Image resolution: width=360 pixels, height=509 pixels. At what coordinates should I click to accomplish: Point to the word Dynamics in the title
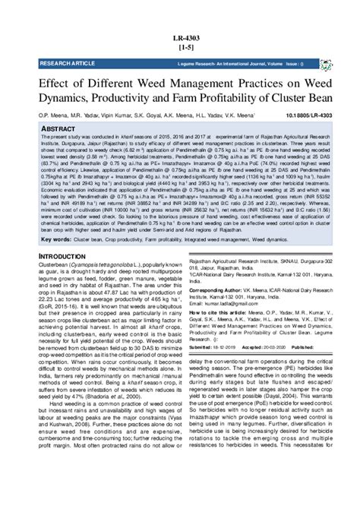coord(67,95)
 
